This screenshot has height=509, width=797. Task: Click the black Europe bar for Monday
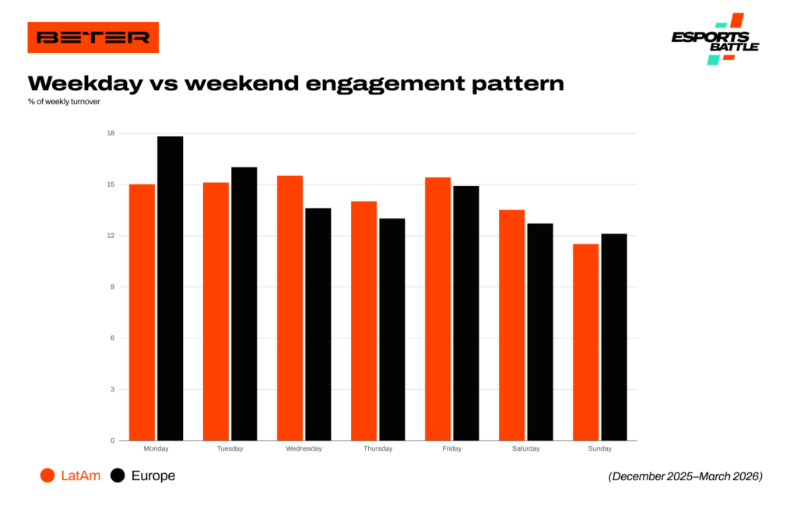pos(170,288)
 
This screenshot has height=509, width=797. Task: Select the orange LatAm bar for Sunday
pos(585,342)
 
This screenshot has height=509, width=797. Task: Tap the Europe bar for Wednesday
pos(318,325)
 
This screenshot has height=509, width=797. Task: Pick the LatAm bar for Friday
pos(437,309)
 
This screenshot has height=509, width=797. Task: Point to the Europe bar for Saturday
pos(540,332)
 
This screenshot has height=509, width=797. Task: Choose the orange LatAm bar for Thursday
pos(364,321)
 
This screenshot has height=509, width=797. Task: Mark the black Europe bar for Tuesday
pos(244,304)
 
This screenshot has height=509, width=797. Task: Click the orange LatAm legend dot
pos(47,476)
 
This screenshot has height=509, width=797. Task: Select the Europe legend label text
pos(153,476)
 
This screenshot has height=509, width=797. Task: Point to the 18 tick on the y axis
pos(111,133)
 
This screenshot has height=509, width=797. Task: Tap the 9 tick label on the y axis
pos(112,286)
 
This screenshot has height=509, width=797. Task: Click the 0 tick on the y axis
pos(112,441)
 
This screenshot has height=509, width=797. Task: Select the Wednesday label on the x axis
pos(304,448)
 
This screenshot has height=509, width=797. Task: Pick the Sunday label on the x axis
pos(600,448)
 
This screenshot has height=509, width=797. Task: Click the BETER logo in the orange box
pos(93,37)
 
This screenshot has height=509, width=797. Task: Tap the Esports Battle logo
pos(716,39)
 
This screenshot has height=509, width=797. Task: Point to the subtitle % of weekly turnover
pos(64,102)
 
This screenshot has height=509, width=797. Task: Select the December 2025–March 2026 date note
pos(685,476)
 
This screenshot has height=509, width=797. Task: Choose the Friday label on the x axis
pos(452,448)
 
